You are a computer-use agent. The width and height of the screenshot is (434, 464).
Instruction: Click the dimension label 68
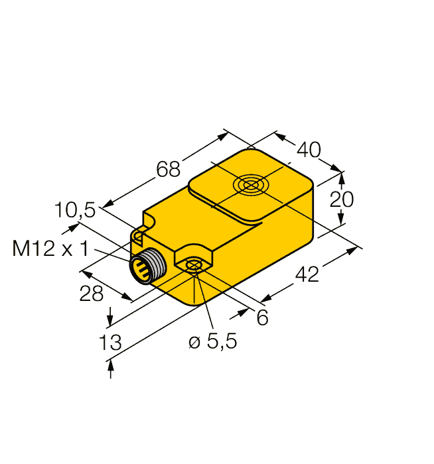click(169, 170)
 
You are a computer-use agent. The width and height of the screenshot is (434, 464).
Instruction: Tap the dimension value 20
click(342, 198)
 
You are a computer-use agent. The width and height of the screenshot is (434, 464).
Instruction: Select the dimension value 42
click(306, 272)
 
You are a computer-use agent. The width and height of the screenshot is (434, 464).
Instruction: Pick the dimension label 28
click(92, 294)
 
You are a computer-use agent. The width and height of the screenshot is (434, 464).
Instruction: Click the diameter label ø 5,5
click(212, 342)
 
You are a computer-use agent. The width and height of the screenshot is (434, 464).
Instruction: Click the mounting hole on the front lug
click(193, 266)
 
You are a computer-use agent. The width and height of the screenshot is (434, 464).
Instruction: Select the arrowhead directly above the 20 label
click(342, 177)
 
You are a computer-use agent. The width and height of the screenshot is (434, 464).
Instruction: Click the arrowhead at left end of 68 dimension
click(106, 206)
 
